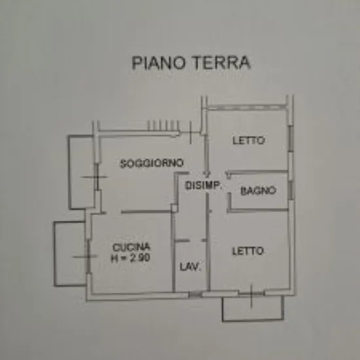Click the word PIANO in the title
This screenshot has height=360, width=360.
point(158,63)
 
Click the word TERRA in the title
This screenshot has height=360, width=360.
point(221,63)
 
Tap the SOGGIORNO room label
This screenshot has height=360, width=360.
point(152,163)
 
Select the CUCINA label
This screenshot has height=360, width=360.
point(131,247)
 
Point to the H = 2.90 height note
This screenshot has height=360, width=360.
point(130,258)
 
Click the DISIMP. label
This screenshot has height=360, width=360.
point(203,185)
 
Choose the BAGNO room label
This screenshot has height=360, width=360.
point(258,190)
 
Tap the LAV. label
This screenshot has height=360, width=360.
point(190,266)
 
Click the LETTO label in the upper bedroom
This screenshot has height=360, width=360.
point(249,140)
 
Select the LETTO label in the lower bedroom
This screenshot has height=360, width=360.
point(247,251)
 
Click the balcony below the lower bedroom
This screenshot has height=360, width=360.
point(253,308)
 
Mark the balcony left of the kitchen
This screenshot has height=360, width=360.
point(70,254)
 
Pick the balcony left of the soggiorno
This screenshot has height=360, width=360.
point(82,172)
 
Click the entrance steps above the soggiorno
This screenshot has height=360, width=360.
point(163,126)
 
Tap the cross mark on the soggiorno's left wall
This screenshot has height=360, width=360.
point(97,177)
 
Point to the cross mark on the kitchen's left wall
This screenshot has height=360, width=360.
point(88,257)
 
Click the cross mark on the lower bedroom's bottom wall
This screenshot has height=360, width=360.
point(251,296)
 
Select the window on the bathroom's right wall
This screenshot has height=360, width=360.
point(291,190)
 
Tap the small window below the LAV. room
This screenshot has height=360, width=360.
point(196,295)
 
